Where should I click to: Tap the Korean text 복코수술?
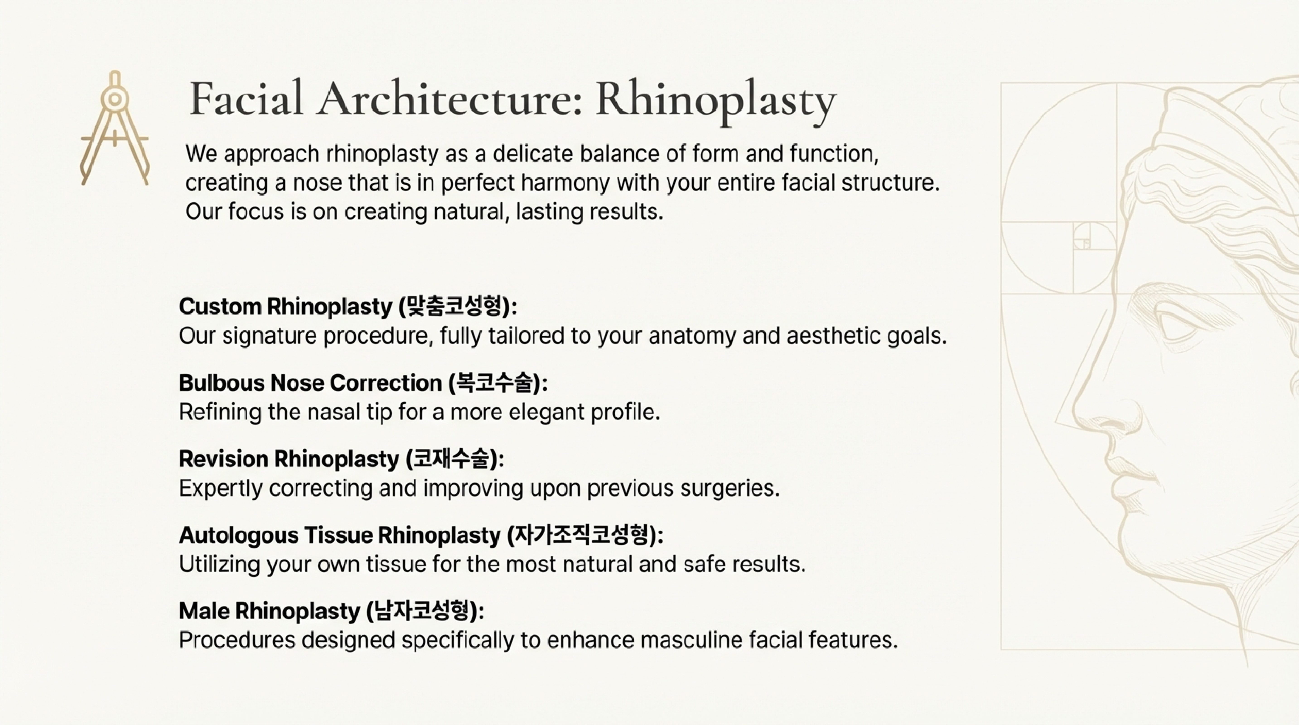tap(494, 383)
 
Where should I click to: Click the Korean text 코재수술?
tap(451, 459)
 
